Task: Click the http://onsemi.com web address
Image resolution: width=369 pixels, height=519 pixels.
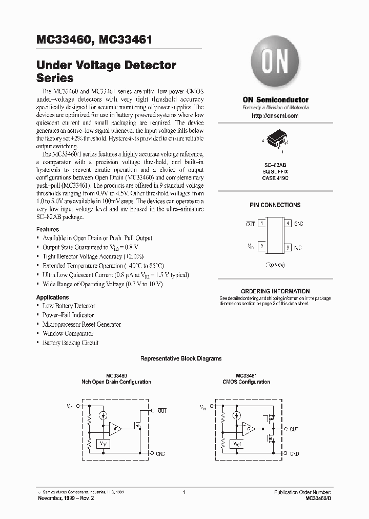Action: (x=275, y=116)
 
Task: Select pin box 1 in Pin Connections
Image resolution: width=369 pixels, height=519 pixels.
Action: (x=261, y=224)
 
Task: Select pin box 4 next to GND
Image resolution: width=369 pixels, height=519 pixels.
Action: (x=289, y=224)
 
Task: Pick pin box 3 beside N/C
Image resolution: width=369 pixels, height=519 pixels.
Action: (x=289, y=247)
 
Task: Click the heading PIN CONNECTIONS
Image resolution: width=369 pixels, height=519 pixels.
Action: (x=275, y=205)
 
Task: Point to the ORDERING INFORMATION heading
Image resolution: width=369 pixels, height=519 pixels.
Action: (x=275, y=291)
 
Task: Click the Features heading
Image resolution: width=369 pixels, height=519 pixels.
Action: (x=47, y=229)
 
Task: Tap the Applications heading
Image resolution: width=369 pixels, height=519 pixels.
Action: (x=52, y=297)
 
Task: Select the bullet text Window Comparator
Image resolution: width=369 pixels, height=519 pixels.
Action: (x=68, y=334)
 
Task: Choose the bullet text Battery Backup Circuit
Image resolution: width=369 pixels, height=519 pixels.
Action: (x=70, y=343)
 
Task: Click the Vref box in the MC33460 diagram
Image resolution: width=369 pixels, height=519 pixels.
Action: (x=104, y=442)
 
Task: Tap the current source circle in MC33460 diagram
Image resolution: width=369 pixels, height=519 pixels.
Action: (x=104, y=415)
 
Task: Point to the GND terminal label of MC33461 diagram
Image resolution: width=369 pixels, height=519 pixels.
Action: (x=294, y=454)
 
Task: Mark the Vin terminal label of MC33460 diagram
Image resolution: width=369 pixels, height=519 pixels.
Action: (x=69, y=406)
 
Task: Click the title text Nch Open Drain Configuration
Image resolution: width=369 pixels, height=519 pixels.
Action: (x=116, y=382)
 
